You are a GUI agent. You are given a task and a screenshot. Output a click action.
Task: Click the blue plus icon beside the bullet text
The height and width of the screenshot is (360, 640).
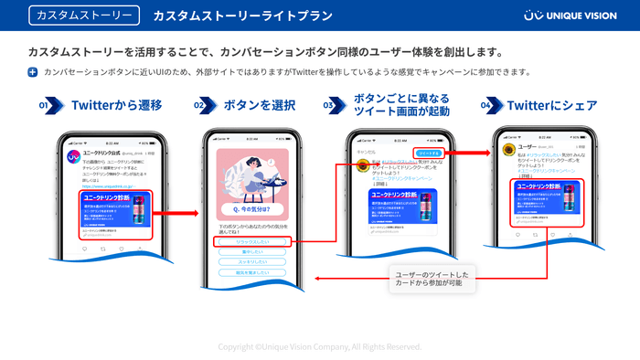coord(33,71)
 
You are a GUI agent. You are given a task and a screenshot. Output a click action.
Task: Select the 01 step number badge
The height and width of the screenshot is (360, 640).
coord(44,106)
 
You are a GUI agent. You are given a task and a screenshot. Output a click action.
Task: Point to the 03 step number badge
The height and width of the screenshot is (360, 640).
coord(329,106)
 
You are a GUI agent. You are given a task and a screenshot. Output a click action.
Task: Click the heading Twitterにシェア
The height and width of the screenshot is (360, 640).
coord(546,106)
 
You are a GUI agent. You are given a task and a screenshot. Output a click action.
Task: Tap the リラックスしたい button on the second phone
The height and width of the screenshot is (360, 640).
coord(252,241)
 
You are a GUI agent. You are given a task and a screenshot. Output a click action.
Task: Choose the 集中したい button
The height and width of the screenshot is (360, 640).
coord(252,252)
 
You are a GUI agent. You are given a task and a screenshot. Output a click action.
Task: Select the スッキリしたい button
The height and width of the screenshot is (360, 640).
coord(252,262)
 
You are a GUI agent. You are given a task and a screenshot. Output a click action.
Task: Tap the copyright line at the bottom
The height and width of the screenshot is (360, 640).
coord(320,347)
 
